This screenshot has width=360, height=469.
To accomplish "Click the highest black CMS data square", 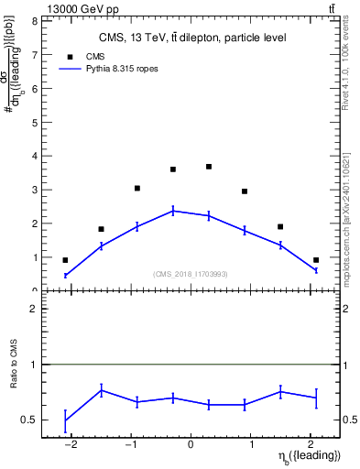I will point(209,167).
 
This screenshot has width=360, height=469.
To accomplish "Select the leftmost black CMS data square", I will point(65,260).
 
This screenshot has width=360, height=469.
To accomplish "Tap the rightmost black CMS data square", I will point(316,260).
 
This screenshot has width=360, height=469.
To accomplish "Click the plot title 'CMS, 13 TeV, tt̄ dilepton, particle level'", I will point(191,38).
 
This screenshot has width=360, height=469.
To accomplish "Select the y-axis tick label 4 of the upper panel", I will point(34,156).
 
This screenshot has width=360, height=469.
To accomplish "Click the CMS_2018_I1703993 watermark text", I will point(191,274).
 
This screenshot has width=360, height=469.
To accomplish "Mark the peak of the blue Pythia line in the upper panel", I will point(173,211).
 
